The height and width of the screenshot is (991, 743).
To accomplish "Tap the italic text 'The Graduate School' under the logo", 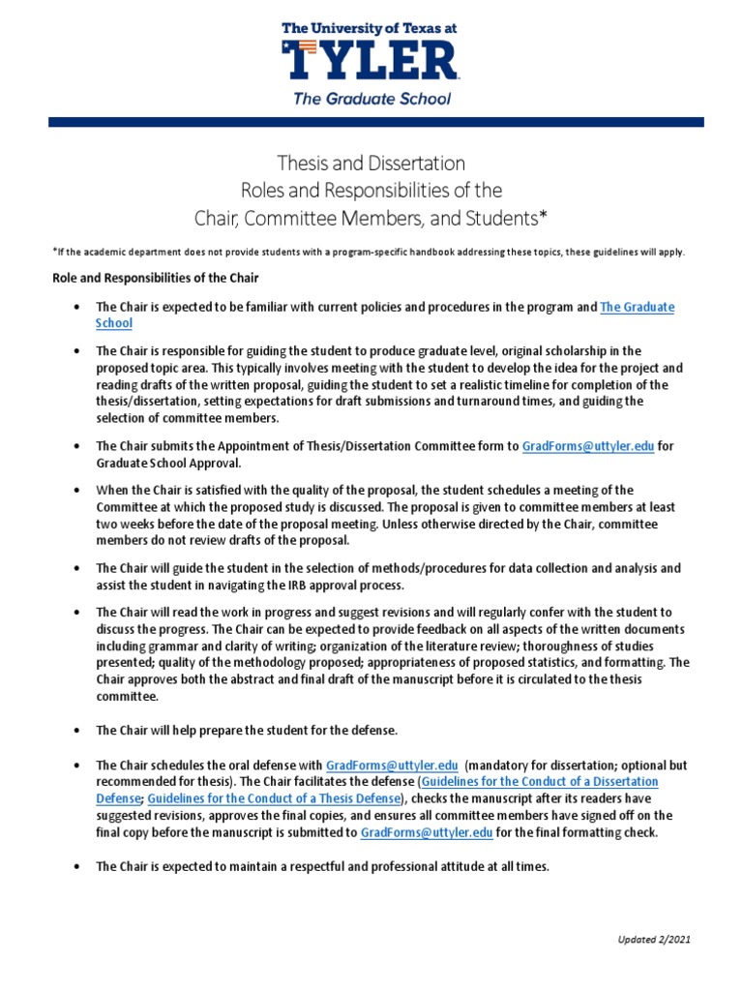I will [371, 98].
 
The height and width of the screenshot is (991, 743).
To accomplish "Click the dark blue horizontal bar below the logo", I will [371, 122].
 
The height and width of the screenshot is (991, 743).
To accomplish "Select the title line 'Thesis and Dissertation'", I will [371, 163].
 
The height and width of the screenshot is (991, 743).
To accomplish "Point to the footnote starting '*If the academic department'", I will [368, 252].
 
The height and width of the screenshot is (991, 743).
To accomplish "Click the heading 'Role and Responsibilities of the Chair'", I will [155, 279].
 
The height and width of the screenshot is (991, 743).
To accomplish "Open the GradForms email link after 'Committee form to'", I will [588, 446].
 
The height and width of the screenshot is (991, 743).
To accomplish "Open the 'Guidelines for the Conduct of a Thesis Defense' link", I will [274, 798].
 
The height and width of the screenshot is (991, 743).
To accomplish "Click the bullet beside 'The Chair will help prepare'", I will [76, 729].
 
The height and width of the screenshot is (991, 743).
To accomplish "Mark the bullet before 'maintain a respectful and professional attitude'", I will [76, 867].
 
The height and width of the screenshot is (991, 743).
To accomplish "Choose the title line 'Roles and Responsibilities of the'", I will [371, 189].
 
